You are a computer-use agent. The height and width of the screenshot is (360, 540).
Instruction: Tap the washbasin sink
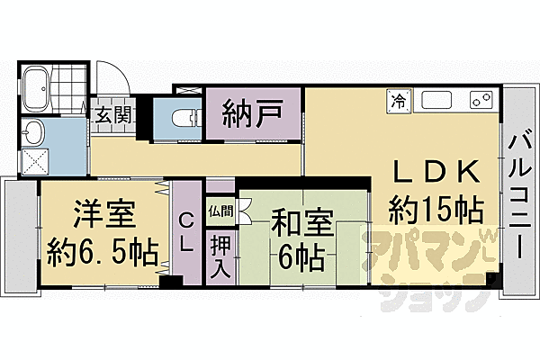pos(34,134)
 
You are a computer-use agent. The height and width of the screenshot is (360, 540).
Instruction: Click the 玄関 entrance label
pos(115,114)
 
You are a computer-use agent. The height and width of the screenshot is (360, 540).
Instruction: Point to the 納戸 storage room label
pos(253,114)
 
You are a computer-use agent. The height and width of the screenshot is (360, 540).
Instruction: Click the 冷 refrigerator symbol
pos(397,101)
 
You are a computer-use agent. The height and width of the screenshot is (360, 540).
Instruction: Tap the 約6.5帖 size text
pos(103,249)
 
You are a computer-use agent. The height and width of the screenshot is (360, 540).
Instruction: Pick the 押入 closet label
pos(220,256)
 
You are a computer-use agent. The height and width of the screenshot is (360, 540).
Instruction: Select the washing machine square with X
pos(35,163)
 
